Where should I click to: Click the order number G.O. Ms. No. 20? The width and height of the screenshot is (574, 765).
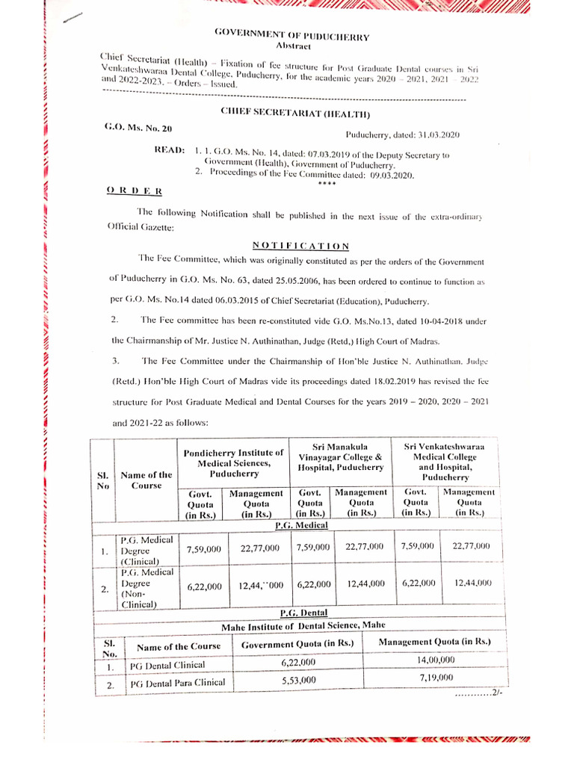coord(138,128)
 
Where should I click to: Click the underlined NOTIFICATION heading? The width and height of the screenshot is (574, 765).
coord(300,245)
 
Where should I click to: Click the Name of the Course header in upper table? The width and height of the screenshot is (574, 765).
coord(146,480)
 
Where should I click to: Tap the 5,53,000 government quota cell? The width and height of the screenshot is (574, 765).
coord(298,680)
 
